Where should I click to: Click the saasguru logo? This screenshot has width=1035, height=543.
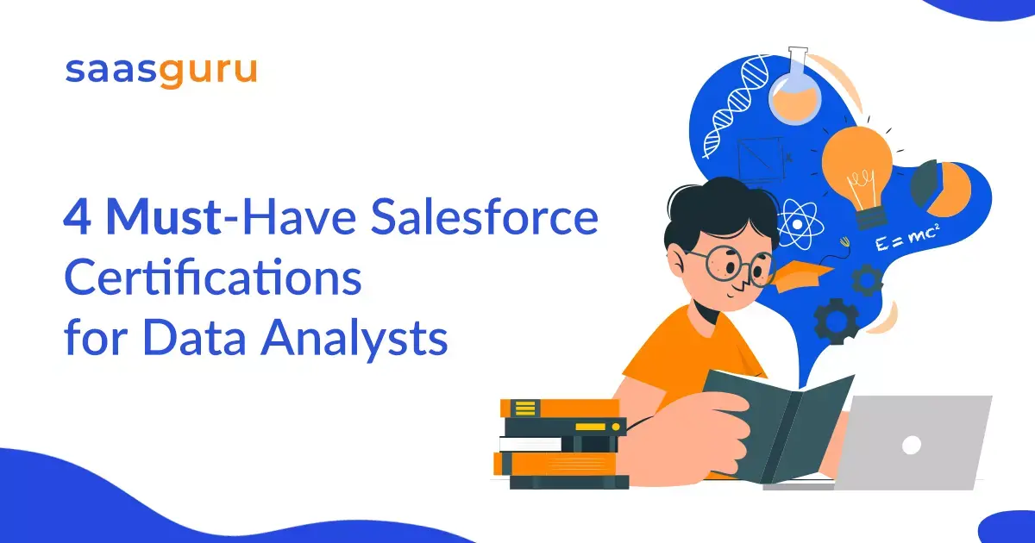(160, 71)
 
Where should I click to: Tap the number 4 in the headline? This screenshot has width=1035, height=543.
(78, 218)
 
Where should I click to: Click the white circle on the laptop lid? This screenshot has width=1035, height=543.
(911, 444)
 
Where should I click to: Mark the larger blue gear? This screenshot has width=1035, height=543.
(835, 321)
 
